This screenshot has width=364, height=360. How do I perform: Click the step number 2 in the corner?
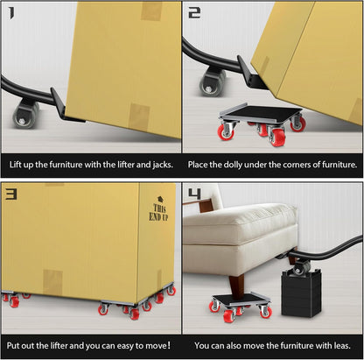[x=194, y=13]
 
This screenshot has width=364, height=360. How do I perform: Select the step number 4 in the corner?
[x=194, y=194]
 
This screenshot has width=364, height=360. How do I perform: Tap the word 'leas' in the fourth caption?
[x=342, y=345]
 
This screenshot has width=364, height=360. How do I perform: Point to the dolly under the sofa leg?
[x=239, y=300]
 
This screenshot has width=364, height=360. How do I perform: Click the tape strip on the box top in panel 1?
[x=150, y=11]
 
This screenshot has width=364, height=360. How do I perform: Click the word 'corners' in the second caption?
[x=296, y=165]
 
